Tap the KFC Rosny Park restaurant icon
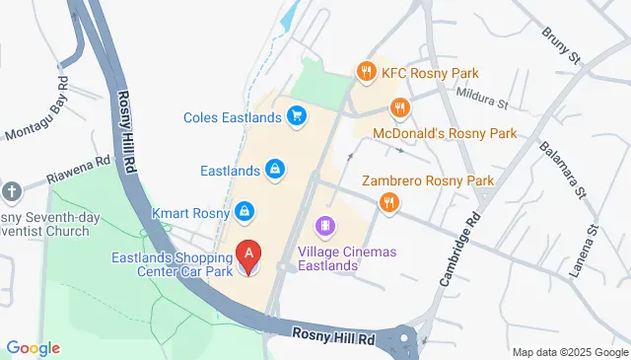point(366,70)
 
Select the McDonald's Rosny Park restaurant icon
point(399,108)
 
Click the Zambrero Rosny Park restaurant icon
point(388,203)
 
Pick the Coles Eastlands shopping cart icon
point(295,117)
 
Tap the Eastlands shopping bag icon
point(276,171)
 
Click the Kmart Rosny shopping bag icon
point(243,212)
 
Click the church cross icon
point(11,191)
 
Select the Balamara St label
point(562,168)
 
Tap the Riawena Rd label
point(79,170)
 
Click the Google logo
point(33,348)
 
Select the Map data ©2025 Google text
point(570,352)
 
